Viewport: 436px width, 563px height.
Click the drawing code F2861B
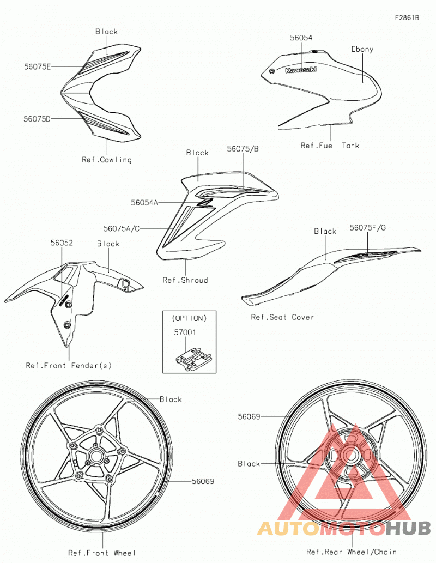pos(407,17)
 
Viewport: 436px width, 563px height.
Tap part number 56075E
pos(38,66)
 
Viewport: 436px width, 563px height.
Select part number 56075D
pos(37,119)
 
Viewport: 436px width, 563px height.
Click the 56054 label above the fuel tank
pos(301,38)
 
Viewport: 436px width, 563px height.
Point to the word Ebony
pos(362,49)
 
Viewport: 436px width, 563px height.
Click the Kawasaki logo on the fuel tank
pos(301,69)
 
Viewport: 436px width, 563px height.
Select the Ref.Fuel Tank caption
pos(330,146)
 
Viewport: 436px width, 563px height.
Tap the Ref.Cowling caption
pos(107,160)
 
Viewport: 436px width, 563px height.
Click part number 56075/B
pos(243,149)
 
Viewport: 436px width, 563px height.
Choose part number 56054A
pos(144,203)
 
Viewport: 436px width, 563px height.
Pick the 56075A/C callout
pos(122,228)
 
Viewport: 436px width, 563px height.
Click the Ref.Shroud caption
pos(185,280)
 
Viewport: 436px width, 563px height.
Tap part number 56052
pos(62,243)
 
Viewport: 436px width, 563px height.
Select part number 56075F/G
pos(368,228)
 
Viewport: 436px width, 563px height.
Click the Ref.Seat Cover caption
pos(282,317)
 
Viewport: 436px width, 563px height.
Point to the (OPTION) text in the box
pos(189,318)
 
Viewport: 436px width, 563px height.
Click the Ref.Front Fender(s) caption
pos(69,366)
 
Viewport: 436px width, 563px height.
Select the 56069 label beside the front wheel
pos(203,481)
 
